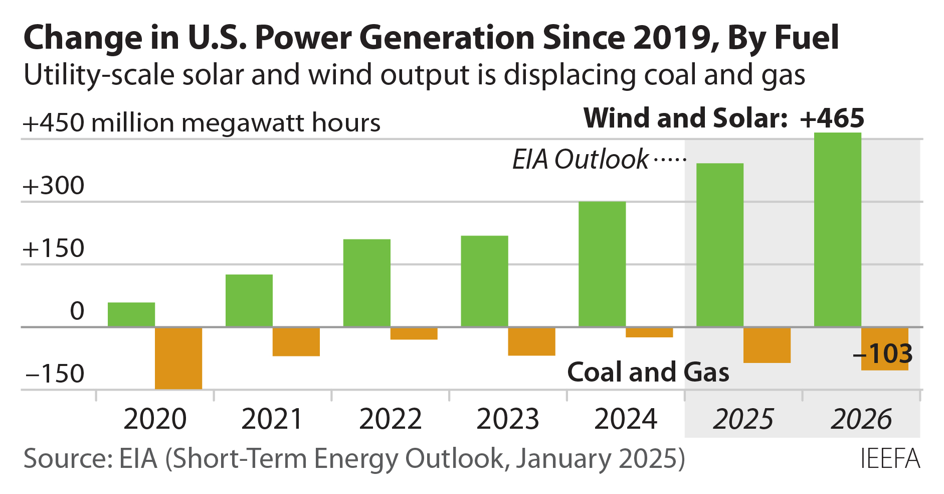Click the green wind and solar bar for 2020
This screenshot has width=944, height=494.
(131, 315)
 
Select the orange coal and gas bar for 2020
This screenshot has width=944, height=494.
(178, 358)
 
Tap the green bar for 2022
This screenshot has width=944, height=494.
(366, 283)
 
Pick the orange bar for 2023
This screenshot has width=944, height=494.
(531, 341)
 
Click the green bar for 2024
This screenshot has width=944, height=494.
(602, 264)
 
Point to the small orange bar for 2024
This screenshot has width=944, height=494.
(649, 332)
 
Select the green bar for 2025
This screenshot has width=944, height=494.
(719, 245)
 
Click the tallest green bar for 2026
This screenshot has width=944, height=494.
(837, 230)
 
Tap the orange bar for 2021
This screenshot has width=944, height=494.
(296, 341)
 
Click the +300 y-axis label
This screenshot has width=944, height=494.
(54, 186)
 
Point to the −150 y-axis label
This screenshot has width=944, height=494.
(54, 374)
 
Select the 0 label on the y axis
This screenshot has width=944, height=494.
(77, 311)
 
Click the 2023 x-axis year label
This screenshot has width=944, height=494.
(507, 419)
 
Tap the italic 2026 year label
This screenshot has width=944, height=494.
(861, 419)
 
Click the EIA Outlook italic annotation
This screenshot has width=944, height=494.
(580, 160)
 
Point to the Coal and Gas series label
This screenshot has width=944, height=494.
(648, 373)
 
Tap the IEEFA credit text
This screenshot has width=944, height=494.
(890, 459)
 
